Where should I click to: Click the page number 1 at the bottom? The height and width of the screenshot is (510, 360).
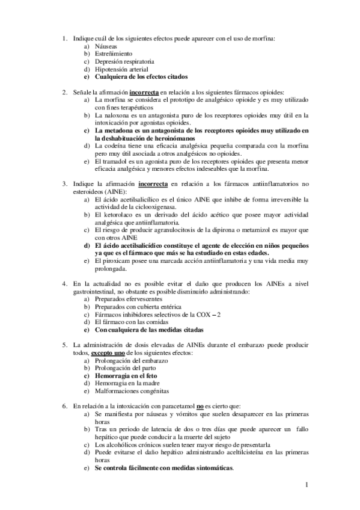click(x=307, y=485)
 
